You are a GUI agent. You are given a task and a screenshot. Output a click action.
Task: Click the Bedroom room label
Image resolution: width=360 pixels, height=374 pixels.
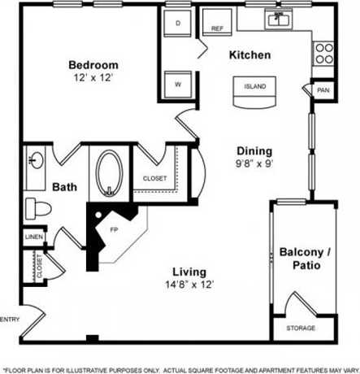pyautogui.click(x=93, y=65)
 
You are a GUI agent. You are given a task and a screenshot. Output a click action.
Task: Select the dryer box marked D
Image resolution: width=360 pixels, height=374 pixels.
pyautogui.click(x=178, y=24)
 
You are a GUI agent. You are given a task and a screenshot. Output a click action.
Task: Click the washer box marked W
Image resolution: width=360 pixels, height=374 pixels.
pyautogui.click(x=178, y=83)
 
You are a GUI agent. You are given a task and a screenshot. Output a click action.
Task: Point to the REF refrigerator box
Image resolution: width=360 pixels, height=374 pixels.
pyautogui.click(x=217, y=28)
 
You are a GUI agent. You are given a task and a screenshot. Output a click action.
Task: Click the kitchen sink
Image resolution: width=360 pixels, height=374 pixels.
pyautogui.click(x=280, y=19)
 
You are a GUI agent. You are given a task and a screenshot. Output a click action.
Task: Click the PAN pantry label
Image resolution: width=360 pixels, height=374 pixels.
pyautogui.click(x=323, y=90)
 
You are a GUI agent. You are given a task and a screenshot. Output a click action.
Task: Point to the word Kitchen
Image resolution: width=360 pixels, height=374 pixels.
pyautogui.click(x=249, y=55)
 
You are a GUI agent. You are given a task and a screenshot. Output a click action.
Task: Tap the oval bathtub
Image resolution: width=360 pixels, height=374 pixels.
pyautogui.click(x=109, y=172)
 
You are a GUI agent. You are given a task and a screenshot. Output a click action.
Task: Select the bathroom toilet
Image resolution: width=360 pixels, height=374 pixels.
pyautogui.click(x=37, y=207)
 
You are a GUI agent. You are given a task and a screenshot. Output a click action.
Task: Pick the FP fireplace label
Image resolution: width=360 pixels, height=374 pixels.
pyautogui.click(x=113, y=230)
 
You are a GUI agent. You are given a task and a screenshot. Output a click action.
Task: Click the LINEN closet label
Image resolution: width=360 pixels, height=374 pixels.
pyautogui.click(x=33, y=237)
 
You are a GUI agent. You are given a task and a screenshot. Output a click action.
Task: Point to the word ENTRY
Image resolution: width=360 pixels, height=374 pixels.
pyautogui.click(x=10, y=318)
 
